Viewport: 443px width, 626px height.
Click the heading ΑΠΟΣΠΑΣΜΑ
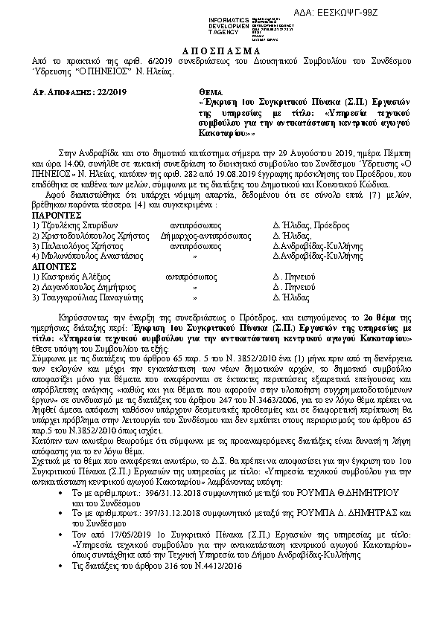point(221,46)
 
